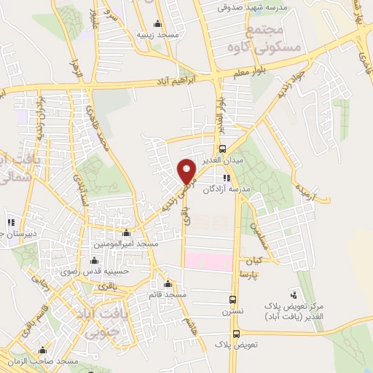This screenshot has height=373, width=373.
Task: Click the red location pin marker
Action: (187, 171)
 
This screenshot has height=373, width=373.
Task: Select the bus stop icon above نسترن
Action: (232, 299)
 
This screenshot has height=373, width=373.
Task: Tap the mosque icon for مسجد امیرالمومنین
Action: (127, 233)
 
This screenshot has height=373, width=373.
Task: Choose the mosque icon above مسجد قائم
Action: (168, 283)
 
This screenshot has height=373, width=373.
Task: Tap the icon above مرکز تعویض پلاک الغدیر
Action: (294, 295)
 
